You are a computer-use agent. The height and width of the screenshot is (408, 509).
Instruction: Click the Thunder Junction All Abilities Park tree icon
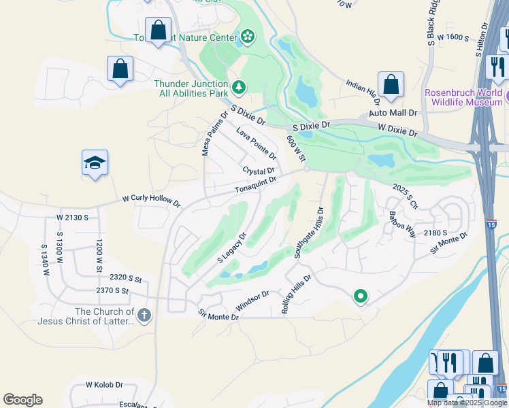click(x=238, y=86)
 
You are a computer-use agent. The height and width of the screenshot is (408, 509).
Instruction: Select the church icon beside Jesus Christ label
click(x=144, y=315)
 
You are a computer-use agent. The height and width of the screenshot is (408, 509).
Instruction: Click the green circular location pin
click(x=361, y=296)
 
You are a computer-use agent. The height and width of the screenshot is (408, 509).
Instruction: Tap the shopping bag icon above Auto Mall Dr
click(x=391, y=84)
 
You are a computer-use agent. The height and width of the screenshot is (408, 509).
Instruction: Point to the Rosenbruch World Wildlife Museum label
click(x=463, y=97)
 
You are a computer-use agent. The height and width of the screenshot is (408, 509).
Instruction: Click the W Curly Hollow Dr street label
click(x=151, y=202)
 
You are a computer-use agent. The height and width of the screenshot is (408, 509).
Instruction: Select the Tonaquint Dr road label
click(x=255, y=184)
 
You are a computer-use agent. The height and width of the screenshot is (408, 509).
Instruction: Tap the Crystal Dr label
click(x=259, y=170)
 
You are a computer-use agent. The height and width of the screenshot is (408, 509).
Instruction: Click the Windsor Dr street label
click(x=252, y=299)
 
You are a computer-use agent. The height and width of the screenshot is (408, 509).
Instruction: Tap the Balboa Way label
click(x=401, y=224)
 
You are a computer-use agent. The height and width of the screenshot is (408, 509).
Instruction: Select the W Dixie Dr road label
click(x=397, y=130)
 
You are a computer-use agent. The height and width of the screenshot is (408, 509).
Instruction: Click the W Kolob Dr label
click(x=103, y=384)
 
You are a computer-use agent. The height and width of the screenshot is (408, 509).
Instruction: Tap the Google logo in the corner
click(x=22, y=400)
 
